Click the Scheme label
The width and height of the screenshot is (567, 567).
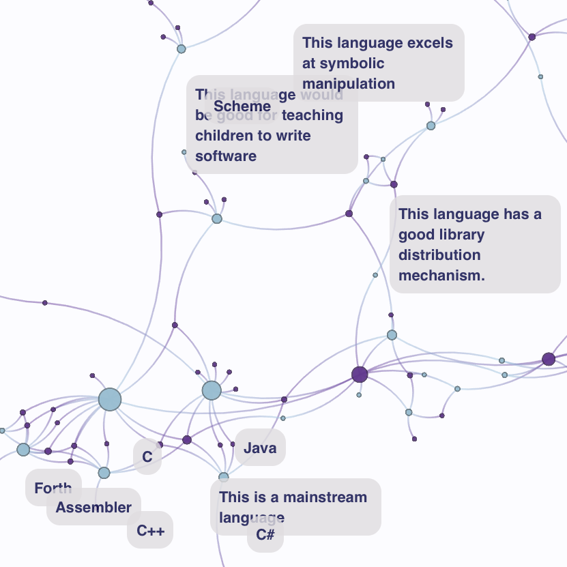pos(242,106)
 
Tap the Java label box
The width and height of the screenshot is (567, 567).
pos(260,448)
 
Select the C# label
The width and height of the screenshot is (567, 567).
pos(265,535)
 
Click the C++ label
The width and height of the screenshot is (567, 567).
pos(150,530)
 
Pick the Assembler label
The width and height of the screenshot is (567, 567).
pos(93,508)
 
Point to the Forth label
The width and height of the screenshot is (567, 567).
pos(53,489)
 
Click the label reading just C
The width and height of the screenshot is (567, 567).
pos(147,457)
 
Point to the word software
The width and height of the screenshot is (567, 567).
pos(226,156)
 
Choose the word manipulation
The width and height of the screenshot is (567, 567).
pos(349,84)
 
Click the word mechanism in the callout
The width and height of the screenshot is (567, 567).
pos(441,276)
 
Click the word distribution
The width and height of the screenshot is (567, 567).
pos(439,255)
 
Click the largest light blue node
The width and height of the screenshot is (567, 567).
pos(109,399)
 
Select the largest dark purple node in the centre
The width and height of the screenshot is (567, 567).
pos(360,374)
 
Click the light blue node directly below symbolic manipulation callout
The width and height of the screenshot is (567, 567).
pos(431,126)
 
